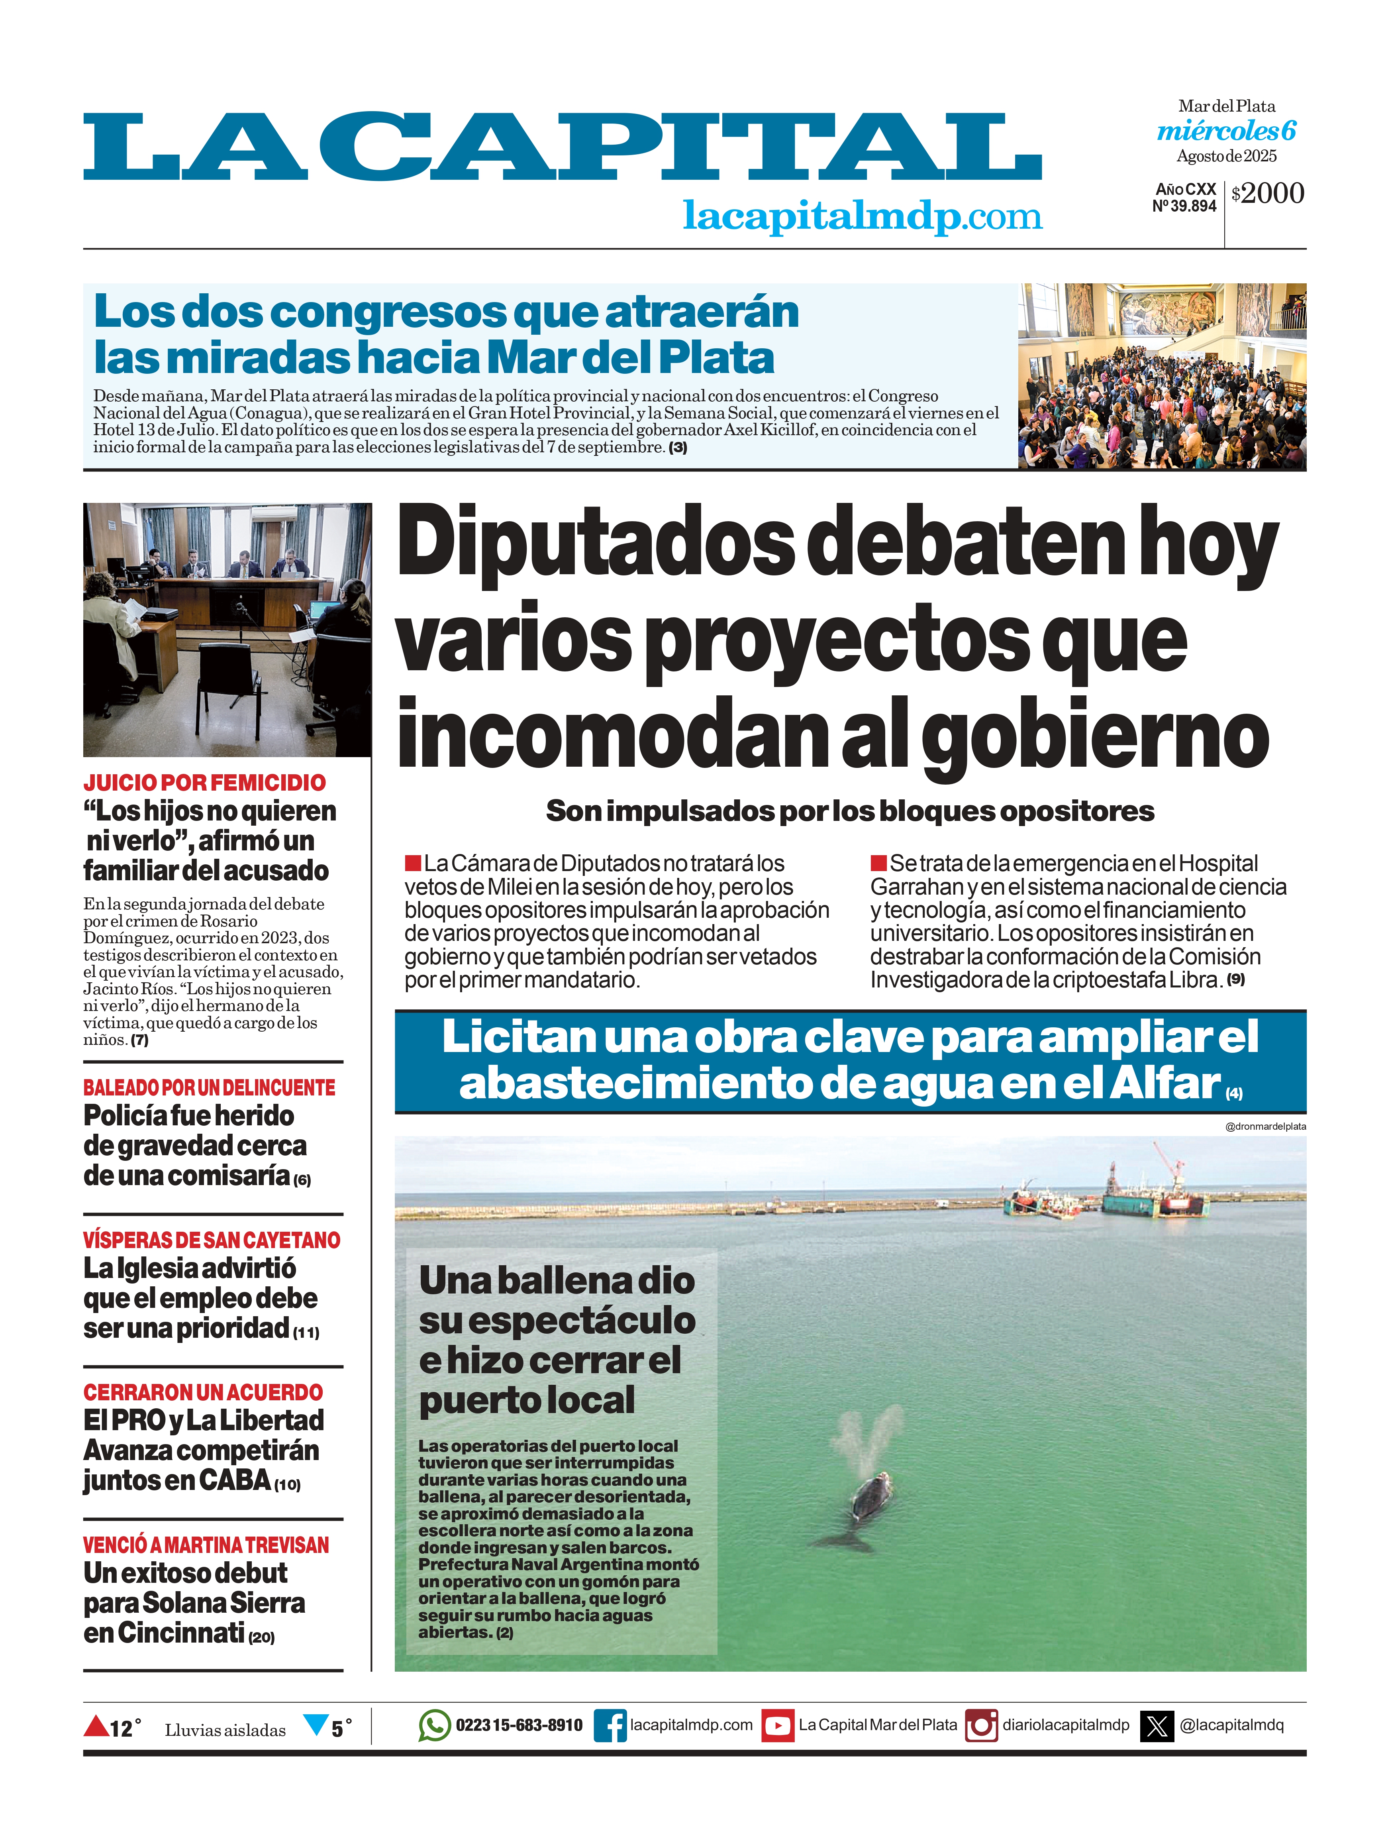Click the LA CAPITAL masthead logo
(x=562, y=148)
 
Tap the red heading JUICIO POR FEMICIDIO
(x=204, y=782)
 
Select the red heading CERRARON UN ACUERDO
(x=203, y=1392)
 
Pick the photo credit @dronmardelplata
(x=1265, y=1126)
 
